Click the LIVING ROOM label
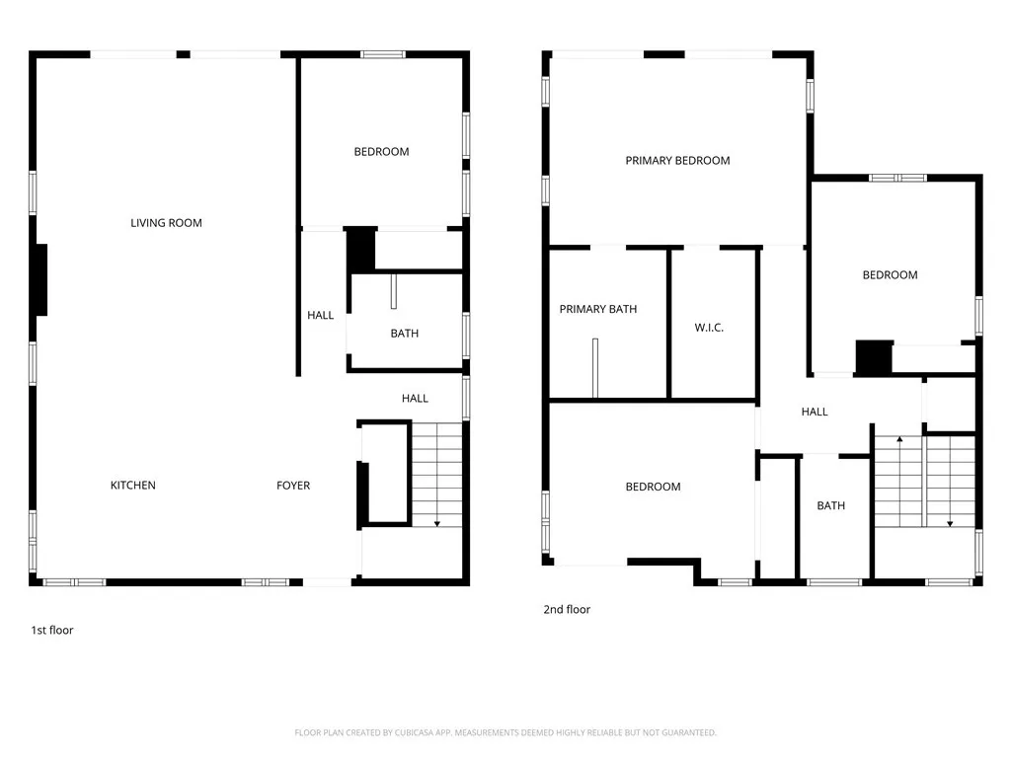click(166, 223)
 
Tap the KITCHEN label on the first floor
click(132, 486)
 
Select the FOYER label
click(292, 486)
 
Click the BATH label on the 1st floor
click(404, 334)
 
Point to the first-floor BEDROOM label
click(381, 152)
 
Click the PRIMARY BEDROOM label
click(677, 161)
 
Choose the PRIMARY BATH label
click(597, 310)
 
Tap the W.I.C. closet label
click(709, 328)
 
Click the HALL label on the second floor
click(815, 412)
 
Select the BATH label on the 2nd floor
click(830, 506)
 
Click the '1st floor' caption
click(52, 630)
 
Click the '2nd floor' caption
click(567, 610)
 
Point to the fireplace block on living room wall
click(41, 279)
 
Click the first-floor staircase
click(436, 474)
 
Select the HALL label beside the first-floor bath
click(320, 316)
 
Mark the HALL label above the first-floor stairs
click(415, 399)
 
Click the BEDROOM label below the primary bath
click(653, 487)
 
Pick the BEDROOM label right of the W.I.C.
click(890, 275)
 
